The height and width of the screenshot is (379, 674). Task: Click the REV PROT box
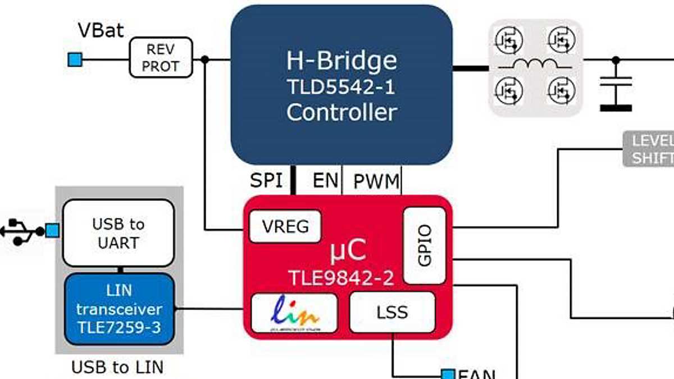click(160, 58)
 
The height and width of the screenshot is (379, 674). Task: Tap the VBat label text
click(101, 30)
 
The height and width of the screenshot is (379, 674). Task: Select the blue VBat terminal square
click(75, 59)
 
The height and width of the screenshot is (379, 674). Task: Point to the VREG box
click(285, 227)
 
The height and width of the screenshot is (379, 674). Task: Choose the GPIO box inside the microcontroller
click(425, 245)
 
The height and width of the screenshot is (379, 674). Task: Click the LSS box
click(392, 312)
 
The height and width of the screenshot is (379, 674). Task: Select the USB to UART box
click(118, 233)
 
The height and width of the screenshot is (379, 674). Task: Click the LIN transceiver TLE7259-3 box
click(119, 309)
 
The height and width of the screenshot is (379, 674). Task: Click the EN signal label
click(326, 181)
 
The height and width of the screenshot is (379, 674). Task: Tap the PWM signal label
click(376, 181)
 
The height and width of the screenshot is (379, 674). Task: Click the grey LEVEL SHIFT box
click(649, 149)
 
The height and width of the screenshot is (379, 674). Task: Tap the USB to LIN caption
click(117, 368)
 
